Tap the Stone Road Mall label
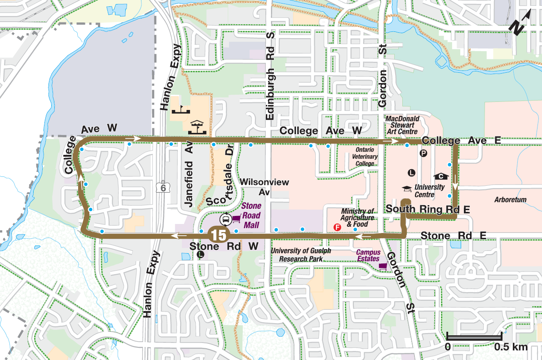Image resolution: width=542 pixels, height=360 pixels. (x=251, y=215)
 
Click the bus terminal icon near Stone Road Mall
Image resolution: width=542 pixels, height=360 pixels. (x=225, y=220)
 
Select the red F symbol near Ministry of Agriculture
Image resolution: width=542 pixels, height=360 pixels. (x=338, y=228)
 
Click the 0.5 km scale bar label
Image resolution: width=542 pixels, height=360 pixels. (x=511, y=347)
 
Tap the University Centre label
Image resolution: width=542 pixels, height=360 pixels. (x=429, y=191)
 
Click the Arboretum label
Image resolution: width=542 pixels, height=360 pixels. (x=510, y=199)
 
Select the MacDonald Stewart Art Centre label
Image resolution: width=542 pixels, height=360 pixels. (x=403, y=125)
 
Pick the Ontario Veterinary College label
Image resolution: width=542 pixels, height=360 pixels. (x=366, y=157)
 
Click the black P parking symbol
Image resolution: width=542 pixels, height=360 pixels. (x=423, y=154)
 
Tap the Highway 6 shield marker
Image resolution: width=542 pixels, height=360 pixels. (x=163, y=188)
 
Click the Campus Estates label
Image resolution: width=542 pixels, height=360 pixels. (x=368, y=255)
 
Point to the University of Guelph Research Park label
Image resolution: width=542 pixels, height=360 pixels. (x=301, y=255)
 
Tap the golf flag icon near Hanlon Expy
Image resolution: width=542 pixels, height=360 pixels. (x=181, y=110)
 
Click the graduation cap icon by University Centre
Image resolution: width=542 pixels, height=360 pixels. (x=406, y=189)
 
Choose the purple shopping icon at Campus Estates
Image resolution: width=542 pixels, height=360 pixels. (x=383, y=266)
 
